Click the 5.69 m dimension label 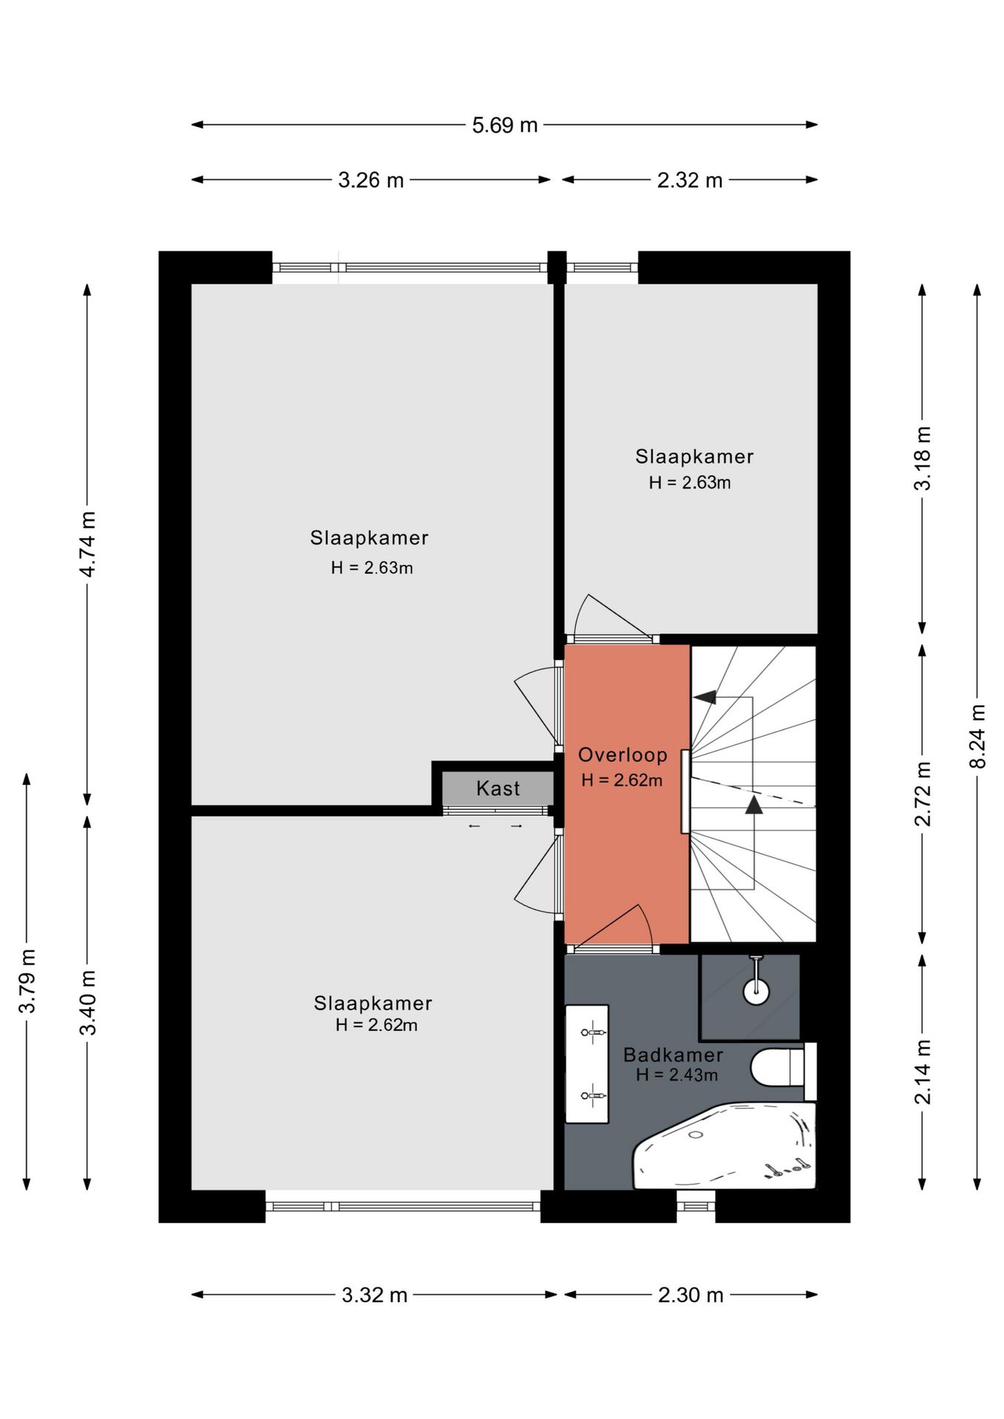pos(505,125)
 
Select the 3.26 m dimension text pos(371,180)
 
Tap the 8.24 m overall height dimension pos(978,736)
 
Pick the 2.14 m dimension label pos(923,1072)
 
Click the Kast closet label pos(498,789)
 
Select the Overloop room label pos(623,755)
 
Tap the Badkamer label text pos(673,1055)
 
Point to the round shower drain pos(756,992)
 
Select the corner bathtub pos(724,1146)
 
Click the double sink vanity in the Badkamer pos(587,1064)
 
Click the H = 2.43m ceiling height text pos(676,1075)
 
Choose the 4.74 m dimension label pos(88,544)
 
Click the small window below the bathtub pos(696,1206)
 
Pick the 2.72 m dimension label pos(923,793)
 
